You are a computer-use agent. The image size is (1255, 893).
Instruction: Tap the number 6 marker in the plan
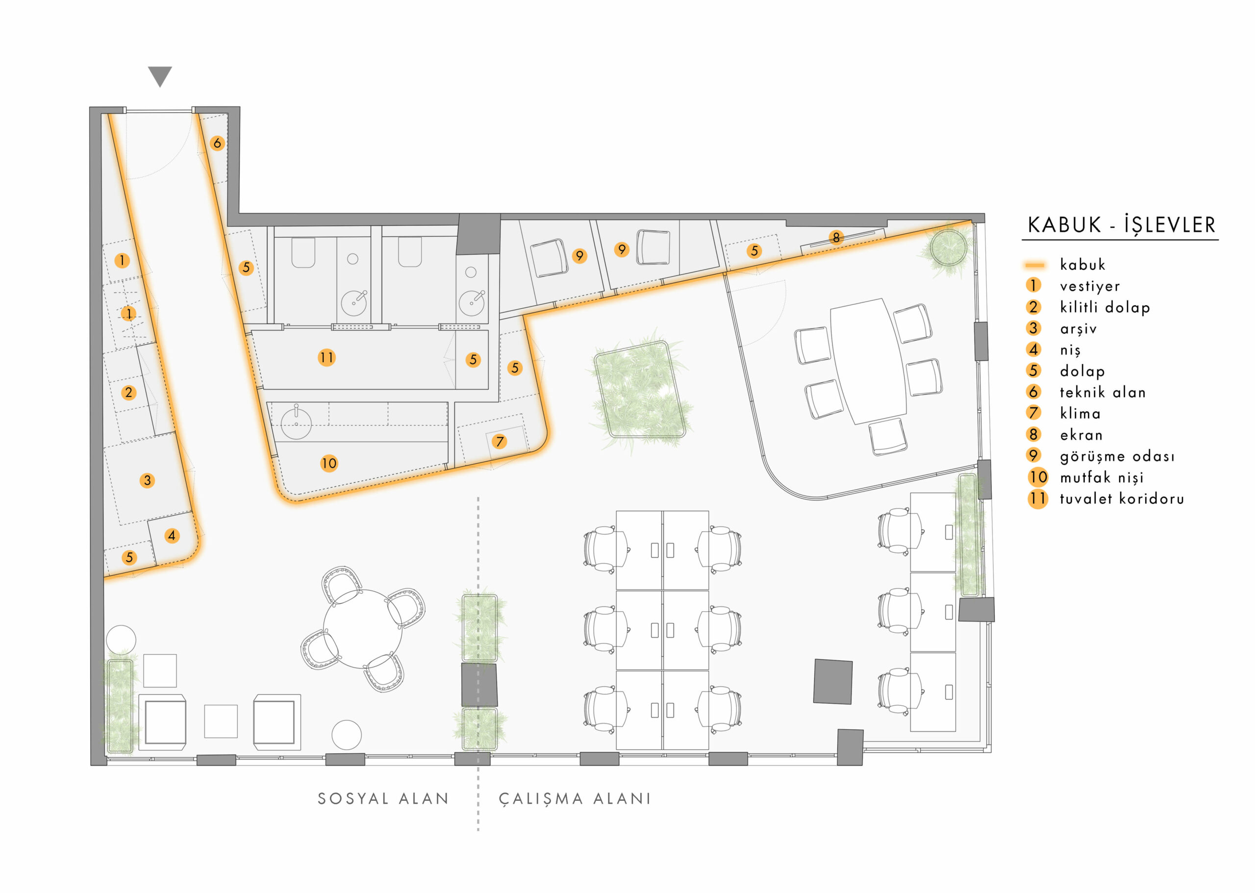pos(217,144)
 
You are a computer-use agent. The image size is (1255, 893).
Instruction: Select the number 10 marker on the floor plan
pos(329,464)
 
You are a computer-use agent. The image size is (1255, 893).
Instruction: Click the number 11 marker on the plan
pos(326,358)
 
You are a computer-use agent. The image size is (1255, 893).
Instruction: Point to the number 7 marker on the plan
pos(500,441)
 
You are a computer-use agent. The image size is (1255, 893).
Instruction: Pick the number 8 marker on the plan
pos(836,238)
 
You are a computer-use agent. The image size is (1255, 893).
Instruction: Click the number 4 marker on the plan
pos(172,536)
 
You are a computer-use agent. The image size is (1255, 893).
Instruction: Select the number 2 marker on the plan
pos(129,393)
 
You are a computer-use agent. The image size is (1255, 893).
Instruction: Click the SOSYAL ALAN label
pos(383,798)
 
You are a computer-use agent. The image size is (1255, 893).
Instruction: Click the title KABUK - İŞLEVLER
pos(1121,225)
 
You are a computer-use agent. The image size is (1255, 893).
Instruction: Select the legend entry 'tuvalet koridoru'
pos(1122,499)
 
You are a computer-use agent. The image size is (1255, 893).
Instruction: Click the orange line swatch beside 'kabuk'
pos(1034,266)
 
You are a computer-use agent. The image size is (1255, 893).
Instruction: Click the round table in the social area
pos(362,628)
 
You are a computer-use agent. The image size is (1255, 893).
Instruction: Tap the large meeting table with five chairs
pos(868,361)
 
